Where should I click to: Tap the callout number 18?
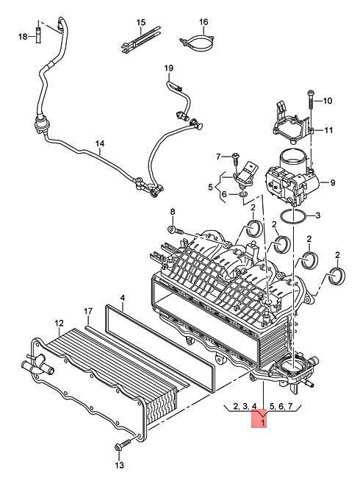coord(23,37)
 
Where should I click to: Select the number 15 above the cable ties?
coord(141,22)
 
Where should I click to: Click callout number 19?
coord(168,68)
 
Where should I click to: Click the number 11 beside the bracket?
coord(328,130)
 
